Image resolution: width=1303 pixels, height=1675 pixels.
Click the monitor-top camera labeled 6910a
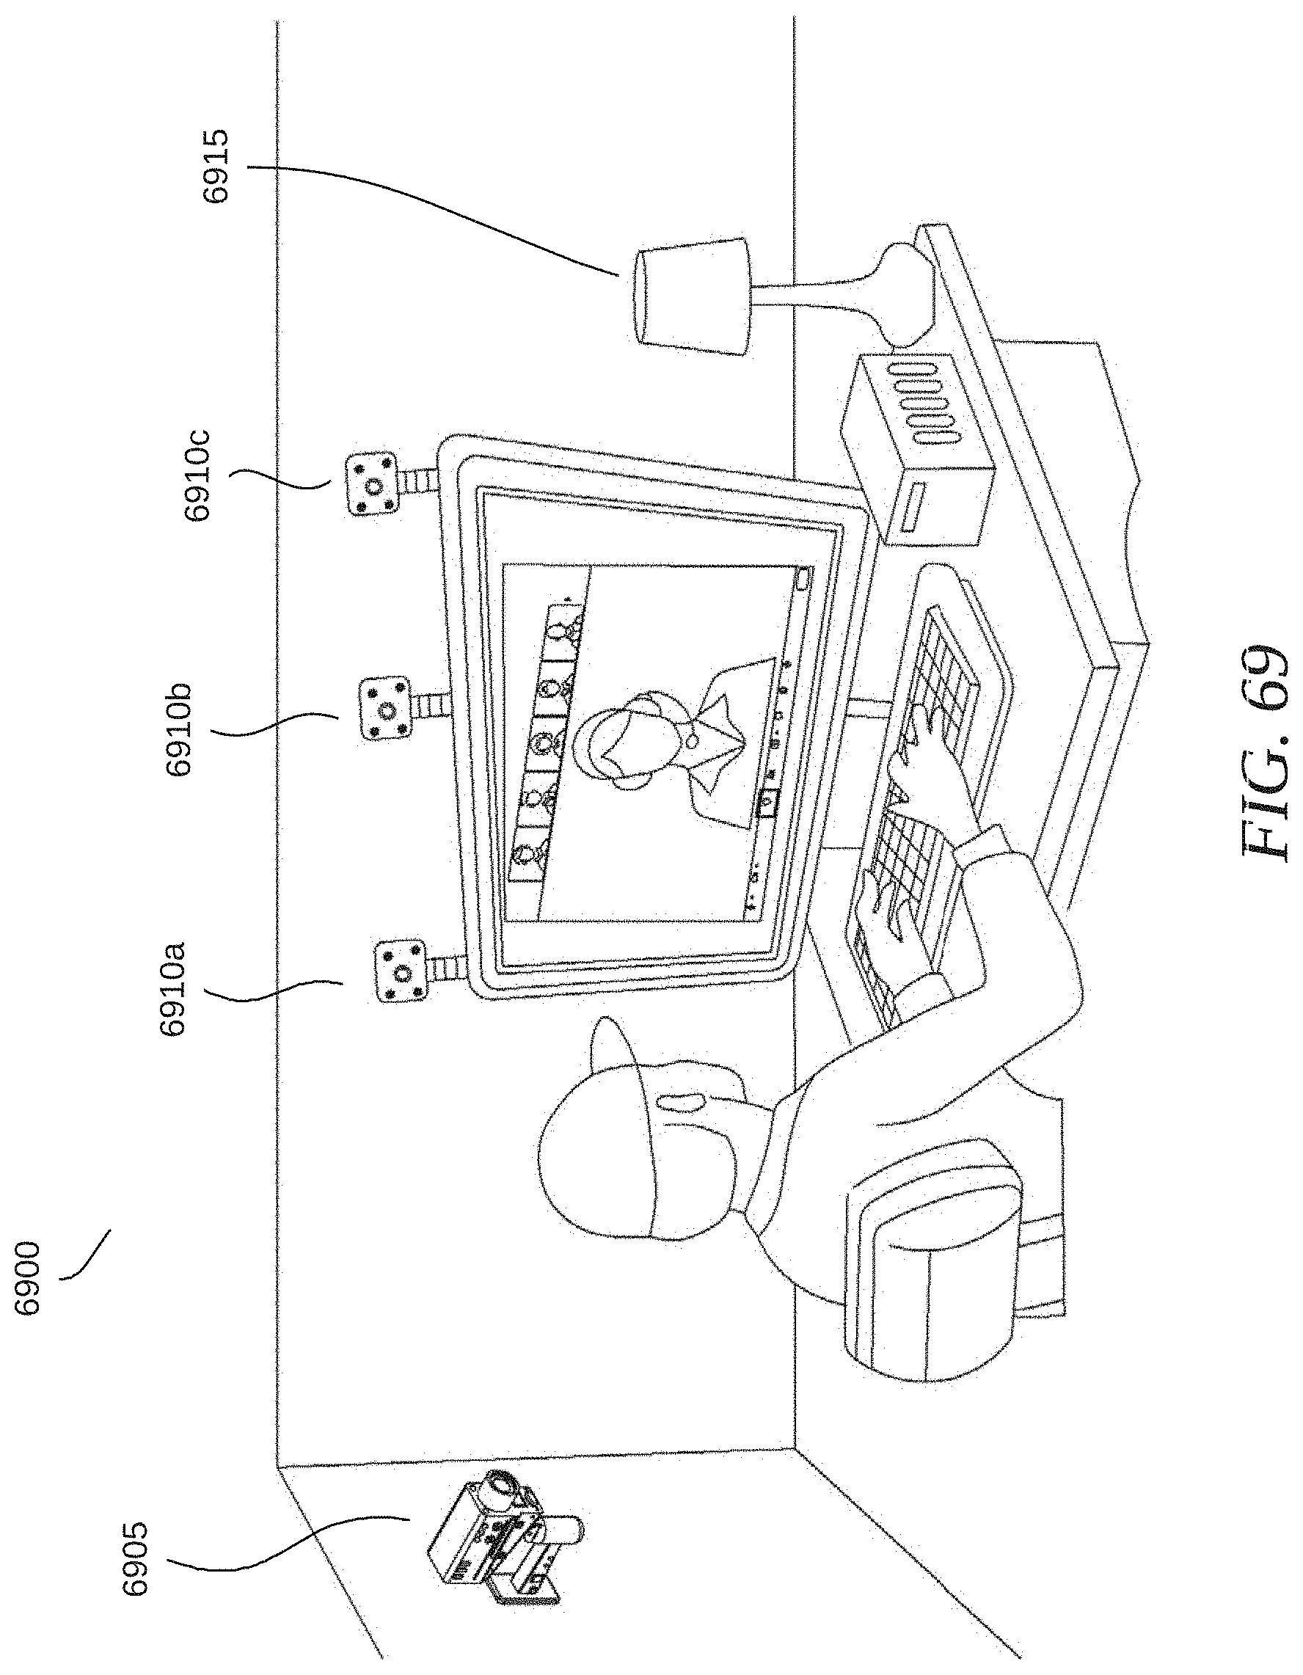[399, 972]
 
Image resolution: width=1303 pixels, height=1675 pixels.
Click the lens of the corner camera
[503, 1485]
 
